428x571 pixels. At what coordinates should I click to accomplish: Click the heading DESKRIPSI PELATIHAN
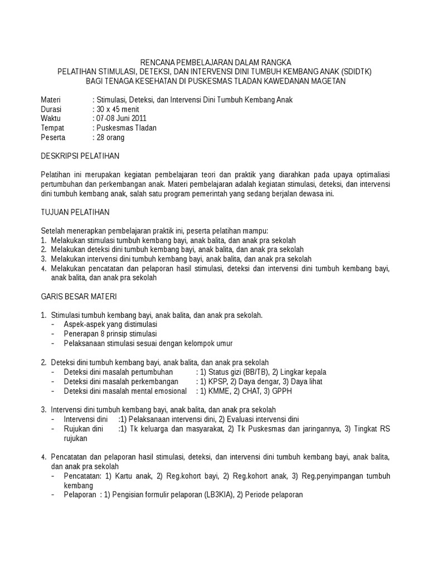pos(80,156)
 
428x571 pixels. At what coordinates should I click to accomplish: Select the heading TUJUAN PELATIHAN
pos(75,212)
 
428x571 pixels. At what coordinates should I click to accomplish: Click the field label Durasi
pos(51,109)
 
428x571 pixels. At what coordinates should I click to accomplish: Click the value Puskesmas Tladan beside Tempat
pos(127,128)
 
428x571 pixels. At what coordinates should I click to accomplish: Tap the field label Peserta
pos(53,137)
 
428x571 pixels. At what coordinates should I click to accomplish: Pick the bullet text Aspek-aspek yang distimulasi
pos(110,325)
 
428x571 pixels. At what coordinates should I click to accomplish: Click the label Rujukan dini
pos(84,428)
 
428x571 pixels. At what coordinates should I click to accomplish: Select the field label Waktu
pos(51,119)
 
